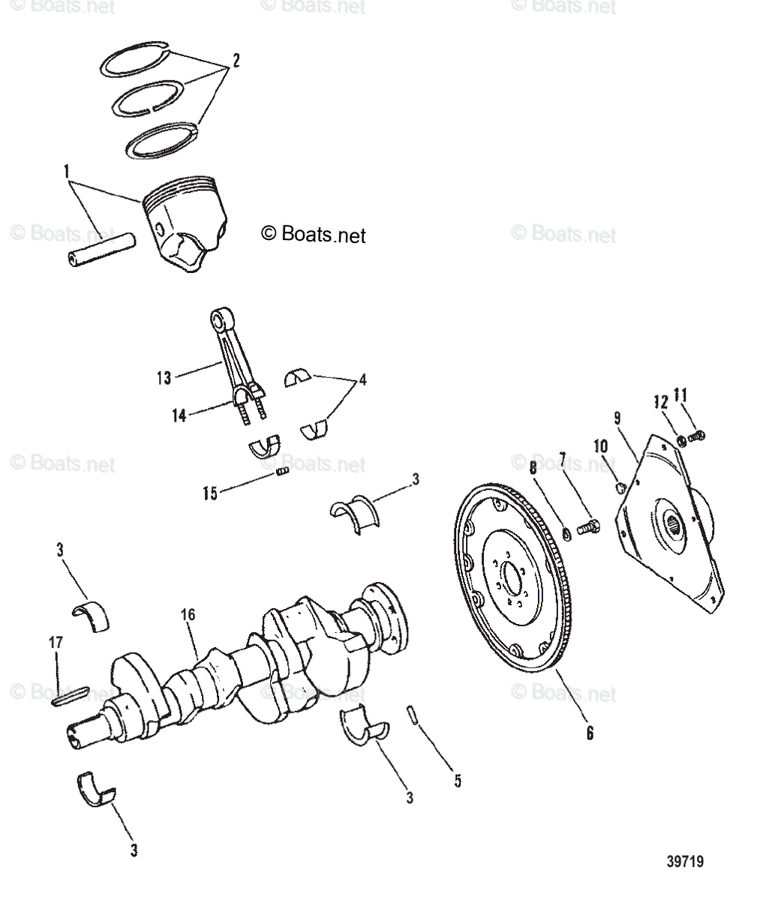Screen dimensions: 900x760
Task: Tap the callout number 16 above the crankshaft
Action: [x=188, y=614]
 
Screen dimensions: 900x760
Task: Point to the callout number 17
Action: [x=57, y=642]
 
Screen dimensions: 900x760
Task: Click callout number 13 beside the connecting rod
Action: [x=164, y=377]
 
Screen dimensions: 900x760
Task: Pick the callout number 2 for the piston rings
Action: [x=236, y=61]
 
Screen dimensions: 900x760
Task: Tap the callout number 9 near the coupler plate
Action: [x=616, y=418]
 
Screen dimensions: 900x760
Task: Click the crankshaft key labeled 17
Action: [x=71, y=694]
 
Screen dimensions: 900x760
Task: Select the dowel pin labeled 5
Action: [x=413, y=713]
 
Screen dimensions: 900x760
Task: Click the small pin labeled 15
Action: [x=284, y=472]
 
